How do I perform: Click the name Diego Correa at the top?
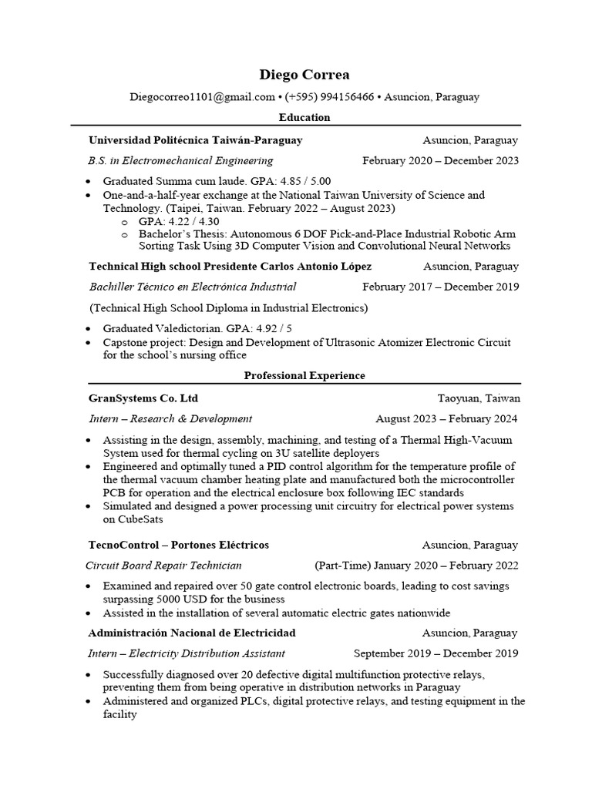click(x=304, y=75)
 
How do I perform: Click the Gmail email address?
click(x=202, y=97)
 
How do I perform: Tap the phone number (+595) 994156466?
click(x=329, y=97)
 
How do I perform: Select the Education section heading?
click(x=304, y=117)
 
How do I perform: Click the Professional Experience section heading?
click(x=304, y=375)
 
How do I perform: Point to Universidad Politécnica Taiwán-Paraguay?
click(x=196, y=140)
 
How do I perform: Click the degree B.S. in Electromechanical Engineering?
click(x=180, y=160)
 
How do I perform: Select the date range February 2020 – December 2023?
click(x=440, y=160)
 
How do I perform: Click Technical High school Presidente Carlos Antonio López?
click(x=230, y=266)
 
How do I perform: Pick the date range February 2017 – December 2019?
click(x=440, y=287)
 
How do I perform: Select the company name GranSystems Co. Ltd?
click(x=143, y=398)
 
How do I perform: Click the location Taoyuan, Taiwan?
click(x=479, y=398)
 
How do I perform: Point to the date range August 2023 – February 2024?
click(x=446, y=418)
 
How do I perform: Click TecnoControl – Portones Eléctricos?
click(x=179, y=545)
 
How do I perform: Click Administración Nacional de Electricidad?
click(x=192, y=633)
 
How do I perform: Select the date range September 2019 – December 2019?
click(x=436, y=653)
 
